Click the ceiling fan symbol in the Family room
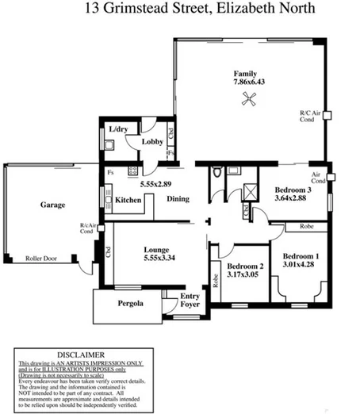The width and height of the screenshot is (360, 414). point(249,98)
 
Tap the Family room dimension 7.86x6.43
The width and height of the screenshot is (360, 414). point(249,82)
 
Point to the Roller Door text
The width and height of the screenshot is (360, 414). point(44,259)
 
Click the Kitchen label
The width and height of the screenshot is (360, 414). point(128,200)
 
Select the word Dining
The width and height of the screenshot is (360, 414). point(178,199)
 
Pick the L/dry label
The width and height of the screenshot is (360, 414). point(118,129)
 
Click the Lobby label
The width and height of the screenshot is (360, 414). point(152,142)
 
